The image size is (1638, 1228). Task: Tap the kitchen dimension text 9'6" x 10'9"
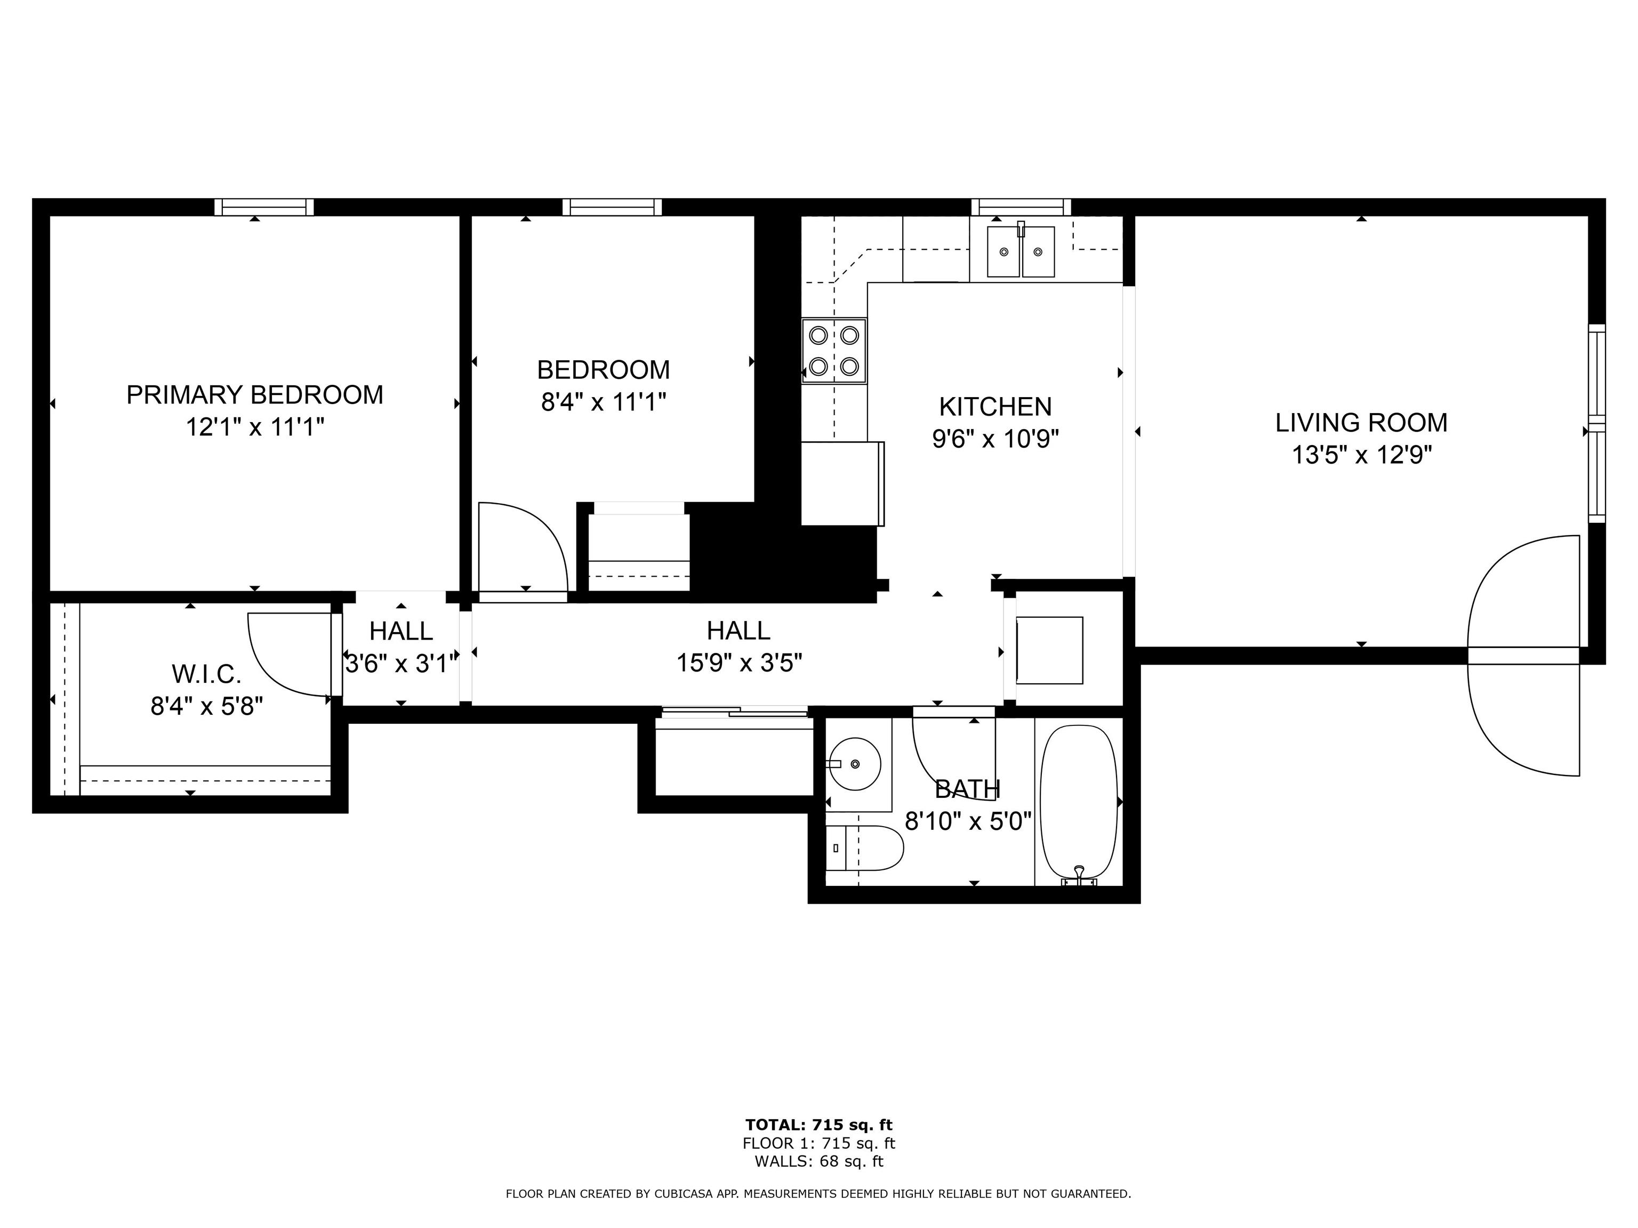995,439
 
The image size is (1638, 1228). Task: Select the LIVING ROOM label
1361,422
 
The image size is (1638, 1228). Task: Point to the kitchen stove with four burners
834,351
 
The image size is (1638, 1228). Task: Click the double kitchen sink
1021,252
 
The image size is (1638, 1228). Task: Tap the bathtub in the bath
1079,805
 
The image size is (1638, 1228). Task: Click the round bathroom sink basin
855,764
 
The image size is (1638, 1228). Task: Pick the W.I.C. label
206,674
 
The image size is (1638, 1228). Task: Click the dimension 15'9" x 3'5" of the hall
739,663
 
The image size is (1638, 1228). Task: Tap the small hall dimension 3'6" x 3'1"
400,663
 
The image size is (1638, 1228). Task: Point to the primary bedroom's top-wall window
264,207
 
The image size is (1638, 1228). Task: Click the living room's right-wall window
1596,423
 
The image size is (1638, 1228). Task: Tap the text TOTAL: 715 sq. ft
818,1125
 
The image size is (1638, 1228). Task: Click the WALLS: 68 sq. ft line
818,1161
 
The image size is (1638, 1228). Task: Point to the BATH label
967,790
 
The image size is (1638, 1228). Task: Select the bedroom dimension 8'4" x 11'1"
604,402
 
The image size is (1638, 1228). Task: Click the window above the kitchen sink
1021,207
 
